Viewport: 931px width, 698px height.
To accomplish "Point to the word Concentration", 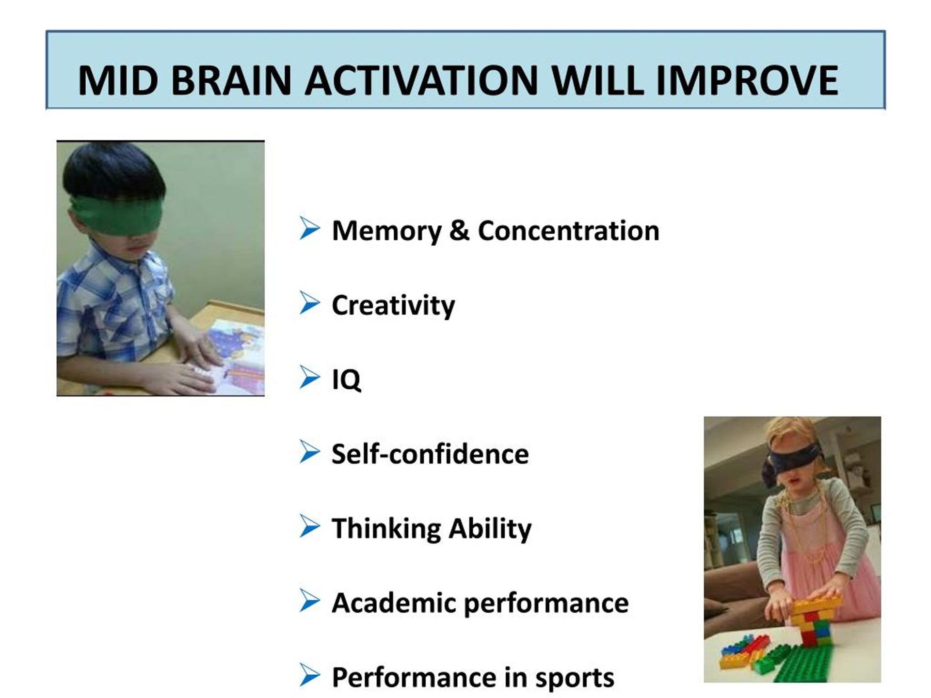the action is click(568, 231).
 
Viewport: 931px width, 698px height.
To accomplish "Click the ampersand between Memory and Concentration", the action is click(459, 231).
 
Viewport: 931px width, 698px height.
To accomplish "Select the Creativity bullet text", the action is click(393, 306).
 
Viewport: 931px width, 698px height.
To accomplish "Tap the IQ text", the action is click(346, 380).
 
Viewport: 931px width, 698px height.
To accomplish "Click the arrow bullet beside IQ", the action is click(310, 378).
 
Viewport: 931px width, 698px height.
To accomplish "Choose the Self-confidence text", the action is click(430, 454).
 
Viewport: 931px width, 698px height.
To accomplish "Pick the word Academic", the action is click(394, 603).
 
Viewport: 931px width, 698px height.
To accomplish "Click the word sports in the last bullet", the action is click(575, 678).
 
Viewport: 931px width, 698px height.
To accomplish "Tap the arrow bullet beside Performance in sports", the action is click(310, 675).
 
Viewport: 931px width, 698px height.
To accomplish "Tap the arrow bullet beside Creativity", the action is click(310, 303).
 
